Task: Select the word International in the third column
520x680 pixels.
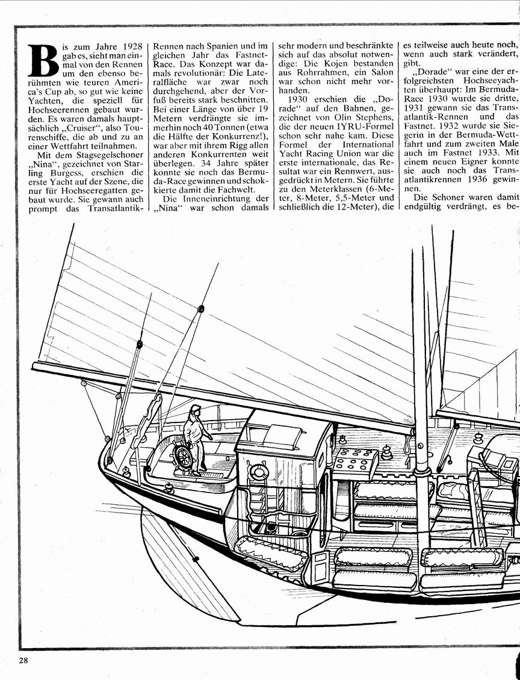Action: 368,144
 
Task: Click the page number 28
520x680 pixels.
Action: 23,661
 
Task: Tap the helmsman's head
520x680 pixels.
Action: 196,410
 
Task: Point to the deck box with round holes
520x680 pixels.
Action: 355,462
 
